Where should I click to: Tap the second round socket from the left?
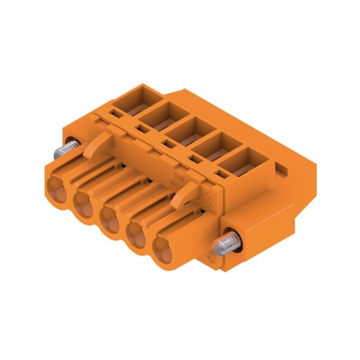pyautogui.click(x=86, y=201)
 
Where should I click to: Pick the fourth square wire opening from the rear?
pyautogui.click(x=211, y=146)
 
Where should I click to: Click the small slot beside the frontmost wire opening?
pyautogui.click(x=221, y=177)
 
